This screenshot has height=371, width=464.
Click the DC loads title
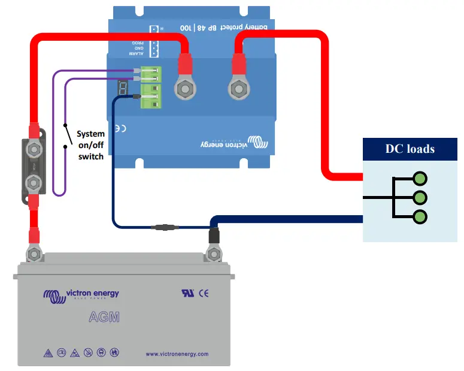point(410,149)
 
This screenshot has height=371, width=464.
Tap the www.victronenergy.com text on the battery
point(177,354)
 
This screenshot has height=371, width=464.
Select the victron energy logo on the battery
point(81,294)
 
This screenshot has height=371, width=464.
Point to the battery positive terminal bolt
point(35,255)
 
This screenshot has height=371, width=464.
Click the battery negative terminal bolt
point(213,254)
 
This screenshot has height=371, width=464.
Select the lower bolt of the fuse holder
point(35,182)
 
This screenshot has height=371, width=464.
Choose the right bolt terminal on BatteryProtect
point(238,89)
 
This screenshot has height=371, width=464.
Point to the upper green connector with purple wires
point(151,74)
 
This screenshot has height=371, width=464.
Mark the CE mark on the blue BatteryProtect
point(120,128)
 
